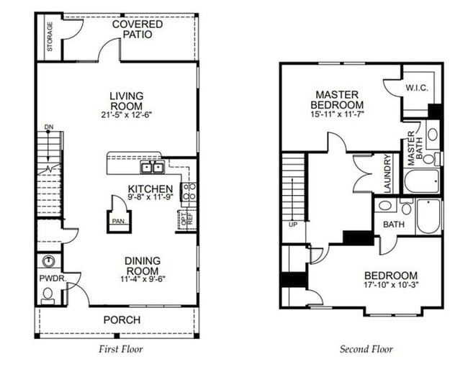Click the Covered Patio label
coord(137,30)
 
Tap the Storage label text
coord(50,35)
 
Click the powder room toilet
coord(48,294)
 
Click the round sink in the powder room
coord(49,261)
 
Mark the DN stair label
coord(49,127)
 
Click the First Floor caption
coord(120,350)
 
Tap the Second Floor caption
coord(366,350)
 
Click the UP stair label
coord(292,225)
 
